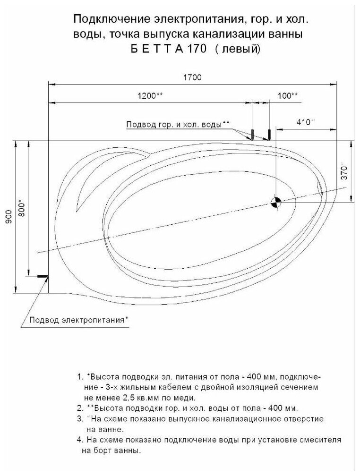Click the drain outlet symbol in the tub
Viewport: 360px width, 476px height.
275,202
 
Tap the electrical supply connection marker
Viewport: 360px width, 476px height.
43,276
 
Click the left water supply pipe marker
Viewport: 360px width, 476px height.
252,134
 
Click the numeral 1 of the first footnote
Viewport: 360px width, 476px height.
78,378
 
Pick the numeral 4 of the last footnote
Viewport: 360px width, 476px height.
78,440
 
